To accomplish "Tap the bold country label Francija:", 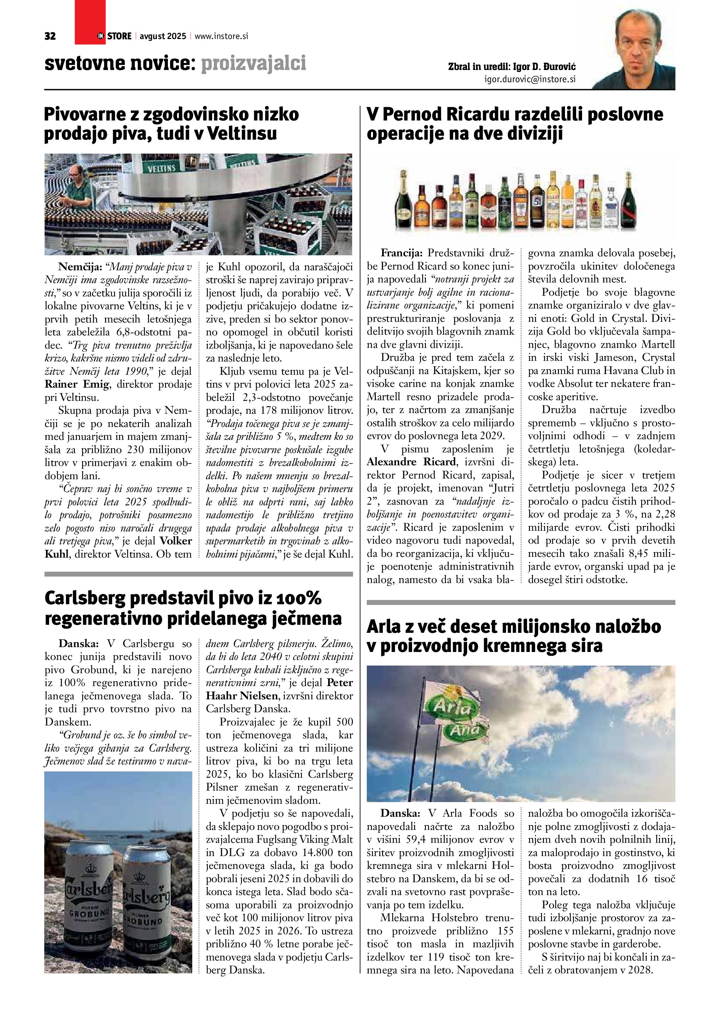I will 401,253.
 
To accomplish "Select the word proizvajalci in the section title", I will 254,63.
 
